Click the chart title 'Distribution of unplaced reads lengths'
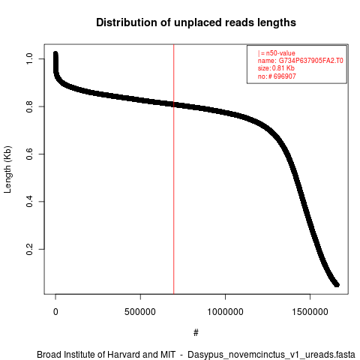[196, 22]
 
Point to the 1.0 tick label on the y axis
[29, 58]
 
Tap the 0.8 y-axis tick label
[29, 106]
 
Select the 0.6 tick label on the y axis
[29, 154]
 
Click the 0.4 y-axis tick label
[29, 202]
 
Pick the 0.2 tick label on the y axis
[29, 249]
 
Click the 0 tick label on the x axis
[55, 312]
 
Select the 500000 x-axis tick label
[140, 312]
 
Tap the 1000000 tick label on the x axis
[225, 312]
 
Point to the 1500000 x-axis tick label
[310, 312]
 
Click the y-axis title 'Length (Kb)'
[7, 169]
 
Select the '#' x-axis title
[196, 333]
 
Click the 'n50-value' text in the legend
[280, 53]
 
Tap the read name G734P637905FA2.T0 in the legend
[310, 61]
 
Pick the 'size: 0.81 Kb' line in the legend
[276, 68]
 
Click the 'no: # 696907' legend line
[277, 76]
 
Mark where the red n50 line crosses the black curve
[174, 104]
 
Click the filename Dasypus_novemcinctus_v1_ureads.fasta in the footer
[271, 355]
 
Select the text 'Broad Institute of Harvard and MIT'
[106, 355]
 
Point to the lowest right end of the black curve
[337, 285]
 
